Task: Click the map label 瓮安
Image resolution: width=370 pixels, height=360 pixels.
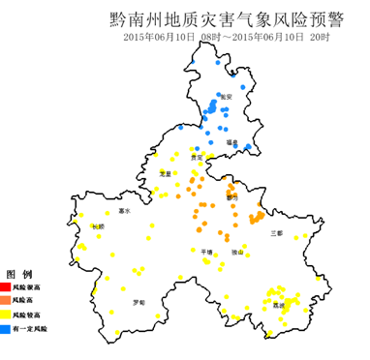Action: (x=226, y=97)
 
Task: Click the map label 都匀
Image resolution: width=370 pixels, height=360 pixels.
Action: (x=231, y=196)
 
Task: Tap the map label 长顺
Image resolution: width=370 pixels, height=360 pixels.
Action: (x=97, y=226)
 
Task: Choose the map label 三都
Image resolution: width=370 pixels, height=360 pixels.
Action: (x=276, y=233)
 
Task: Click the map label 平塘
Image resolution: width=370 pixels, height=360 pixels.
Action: (x=205, y=251)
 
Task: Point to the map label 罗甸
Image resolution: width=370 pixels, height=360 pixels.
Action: (x=139, y=302)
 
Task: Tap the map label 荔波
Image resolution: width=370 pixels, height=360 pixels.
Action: (x=279, y=305)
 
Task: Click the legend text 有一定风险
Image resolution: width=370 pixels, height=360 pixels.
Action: (x=32, y=330)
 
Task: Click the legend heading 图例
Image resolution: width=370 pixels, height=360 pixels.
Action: (x=20, y=273)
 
